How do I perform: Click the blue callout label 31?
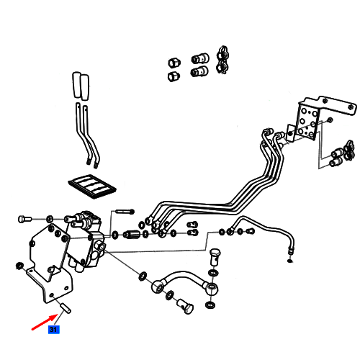click(x=53, y=329)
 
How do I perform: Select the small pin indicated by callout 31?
click(x=65, y=308)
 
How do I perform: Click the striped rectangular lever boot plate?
click(x=92, y=186)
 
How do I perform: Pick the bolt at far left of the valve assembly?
click(x=24, y=219)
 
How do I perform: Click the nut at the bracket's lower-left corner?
click(x=19, y=266)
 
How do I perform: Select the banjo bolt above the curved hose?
click(x=215, y=257)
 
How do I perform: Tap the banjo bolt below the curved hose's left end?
click(x=185, y=305)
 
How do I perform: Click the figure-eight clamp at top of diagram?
click(x=223, y=60)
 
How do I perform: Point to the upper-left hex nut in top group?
click(x=174, y=63)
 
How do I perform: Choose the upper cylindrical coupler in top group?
click(x=200, y=58)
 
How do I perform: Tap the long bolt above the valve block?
click(x=125, y=212)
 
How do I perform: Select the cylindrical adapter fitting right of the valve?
click(x=132, y=234)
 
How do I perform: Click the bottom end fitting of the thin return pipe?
click(x=291, y=251)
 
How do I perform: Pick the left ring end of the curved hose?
click(x=157, y=286)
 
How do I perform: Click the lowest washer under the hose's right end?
click(x=210, y=305)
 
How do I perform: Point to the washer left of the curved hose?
click(x=143, y=276)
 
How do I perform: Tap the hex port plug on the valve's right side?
click(x=99, y=246)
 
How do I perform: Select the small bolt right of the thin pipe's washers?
click(x=251, y=231)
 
